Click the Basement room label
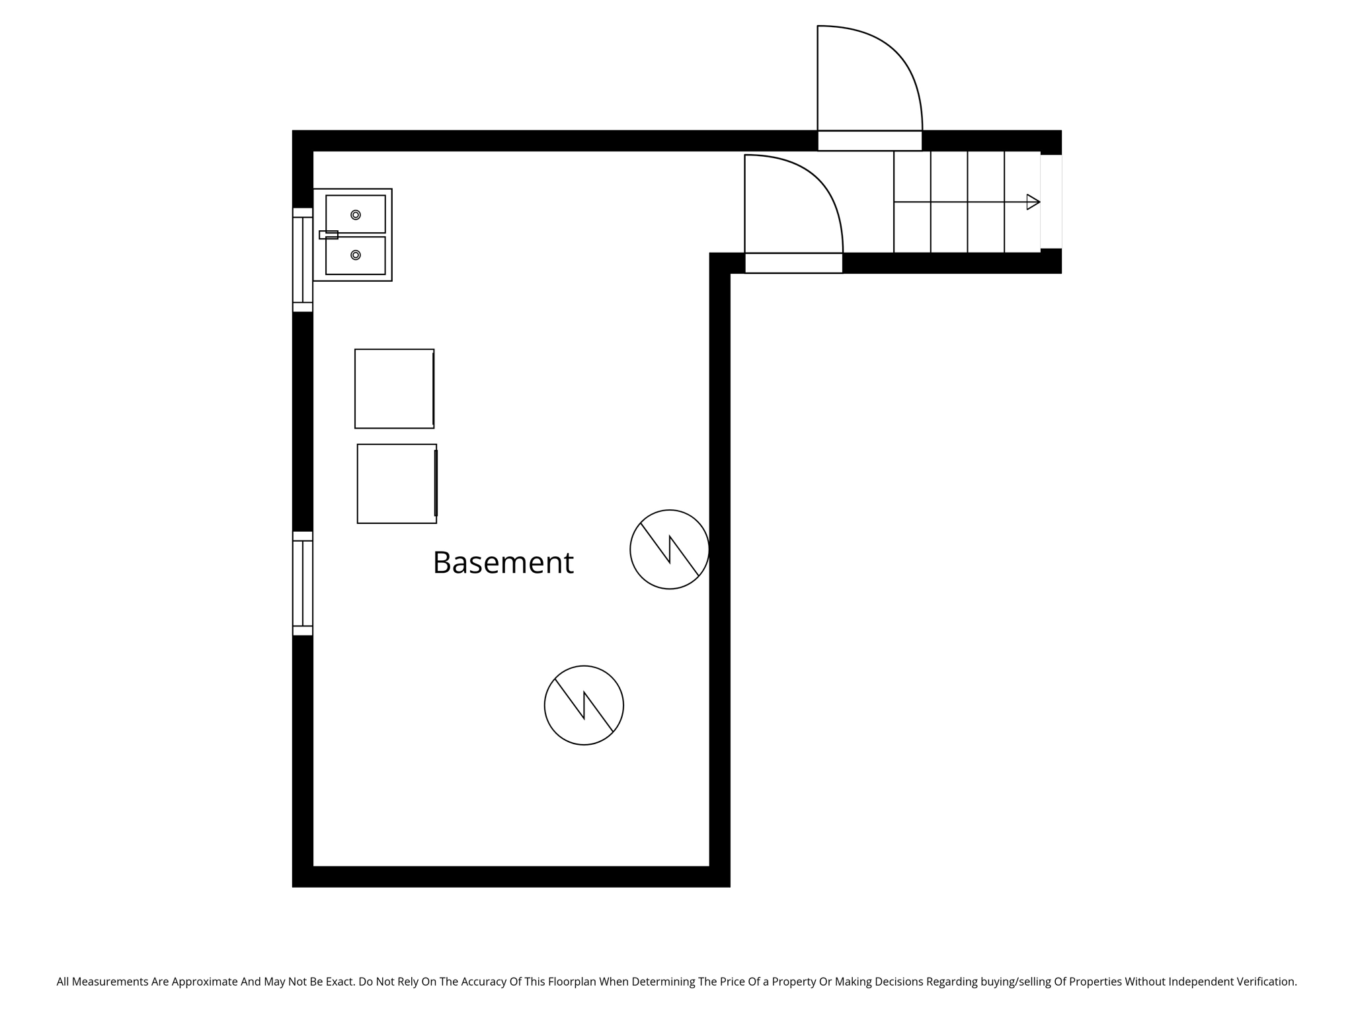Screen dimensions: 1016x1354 503,563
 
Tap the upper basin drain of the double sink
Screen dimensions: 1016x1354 356,215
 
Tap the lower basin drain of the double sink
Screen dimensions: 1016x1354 356,255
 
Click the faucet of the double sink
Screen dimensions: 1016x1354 329,235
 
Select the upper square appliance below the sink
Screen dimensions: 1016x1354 394,389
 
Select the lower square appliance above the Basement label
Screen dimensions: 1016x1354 397,484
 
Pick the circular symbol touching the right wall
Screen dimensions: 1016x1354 669,549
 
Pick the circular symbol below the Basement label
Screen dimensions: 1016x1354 584,705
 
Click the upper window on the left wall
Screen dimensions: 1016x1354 303,260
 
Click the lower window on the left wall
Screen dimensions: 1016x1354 303,583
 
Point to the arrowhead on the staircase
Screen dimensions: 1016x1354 1033,202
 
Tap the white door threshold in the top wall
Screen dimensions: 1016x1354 869,141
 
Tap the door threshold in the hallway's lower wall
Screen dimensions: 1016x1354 793,263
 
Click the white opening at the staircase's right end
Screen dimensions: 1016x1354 1051,202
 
